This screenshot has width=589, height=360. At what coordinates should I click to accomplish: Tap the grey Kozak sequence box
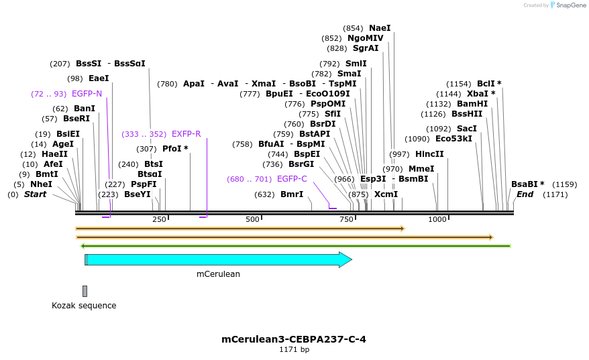[x=85, y=291]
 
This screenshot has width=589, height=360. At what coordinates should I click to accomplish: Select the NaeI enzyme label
[x=379, y=28]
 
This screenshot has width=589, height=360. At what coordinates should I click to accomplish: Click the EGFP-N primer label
[x=87, y=94]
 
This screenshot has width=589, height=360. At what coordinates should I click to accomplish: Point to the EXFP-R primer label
[x=186, y=134]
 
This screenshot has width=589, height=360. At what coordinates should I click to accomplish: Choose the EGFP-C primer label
[x=292, y=179]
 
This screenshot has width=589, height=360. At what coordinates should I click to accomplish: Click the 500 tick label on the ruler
[x=252, y=220]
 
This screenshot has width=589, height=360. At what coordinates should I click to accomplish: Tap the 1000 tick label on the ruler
[x=437, y=220]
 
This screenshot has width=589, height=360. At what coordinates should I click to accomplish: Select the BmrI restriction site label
[x=292, y=194]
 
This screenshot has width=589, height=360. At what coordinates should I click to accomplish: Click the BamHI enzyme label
[x=472, y=104]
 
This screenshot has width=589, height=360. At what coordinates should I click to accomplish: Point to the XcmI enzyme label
[x=386, y=194]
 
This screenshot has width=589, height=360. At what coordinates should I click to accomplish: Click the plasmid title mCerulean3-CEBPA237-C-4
[x=294, y=339]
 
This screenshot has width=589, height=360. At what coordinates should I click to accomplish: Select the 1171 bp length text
[x=294, y=350]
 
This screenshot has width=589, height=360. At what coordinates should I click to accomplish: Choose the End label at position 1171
[x=525, y=194]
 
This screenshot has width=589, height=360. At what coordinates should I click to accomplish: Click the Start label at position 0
[x=35, y=194]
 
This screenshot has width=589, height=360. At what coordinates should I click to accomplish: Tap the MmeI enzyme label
[x=421, y=169]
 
